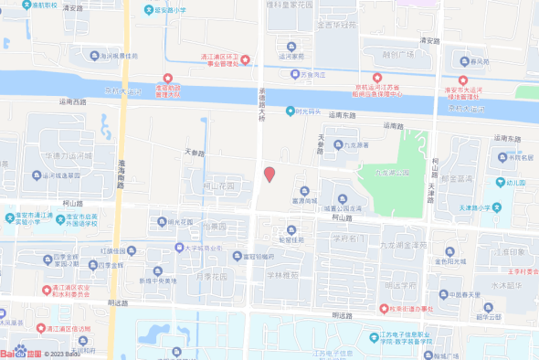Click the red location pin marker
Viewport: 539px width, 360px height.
point(269,175)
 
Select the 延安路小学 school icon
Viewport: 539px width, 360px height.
point(150,11)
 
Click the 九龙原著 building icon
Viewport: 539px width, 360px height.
point(338,144)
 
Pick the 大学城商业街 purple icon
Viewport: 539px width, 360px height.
point(180,247)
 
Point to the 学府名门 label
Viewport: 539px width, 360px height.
point(347,238)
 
